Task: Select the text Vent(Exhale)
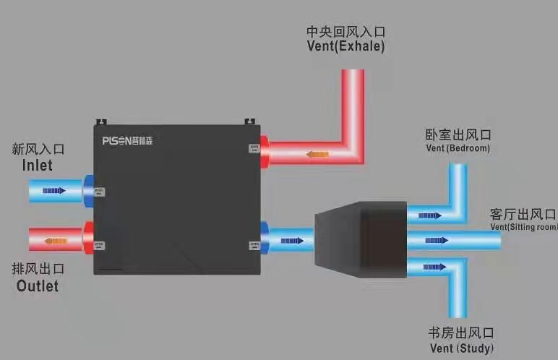click(345, 47)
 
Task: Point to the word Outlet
click(37, 286)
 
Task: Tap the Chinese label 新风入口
click(38, 150)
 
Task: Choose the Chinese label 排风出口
click(38, 269)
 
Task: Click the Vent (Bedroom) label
click(458, 148)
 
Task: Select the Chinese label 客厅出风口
click(523, 214)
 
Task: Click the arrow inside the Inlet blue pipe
click(54, 191)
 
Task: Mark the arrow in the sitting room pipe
click(433, 240)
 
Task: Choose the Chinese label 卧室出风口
click(458, 135)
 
